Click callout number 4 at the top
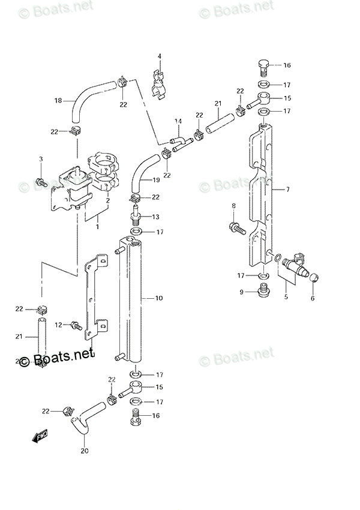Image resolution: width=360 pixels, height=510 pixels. point(160,56)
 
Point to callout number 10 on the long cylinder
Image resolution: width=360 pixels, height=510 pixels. point(159,298)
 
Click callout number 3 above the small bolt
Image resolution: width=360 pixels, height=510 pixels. point(41,159)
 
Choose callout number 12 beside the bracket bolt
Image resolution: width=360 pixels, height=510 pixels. point(59,325)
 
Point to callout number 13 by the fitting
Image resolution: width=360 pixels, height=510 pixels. point(155,217)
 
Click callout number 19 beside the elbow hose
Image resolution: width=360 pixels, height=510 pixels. point(155,180)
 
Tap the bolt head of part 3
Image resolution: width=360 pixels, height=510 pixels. point(41,180)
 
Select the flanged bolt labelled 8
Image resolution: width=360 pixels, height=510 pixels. point(235,227)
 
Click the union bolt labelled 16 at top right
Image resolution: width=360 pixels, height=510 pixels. point(262,67)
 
